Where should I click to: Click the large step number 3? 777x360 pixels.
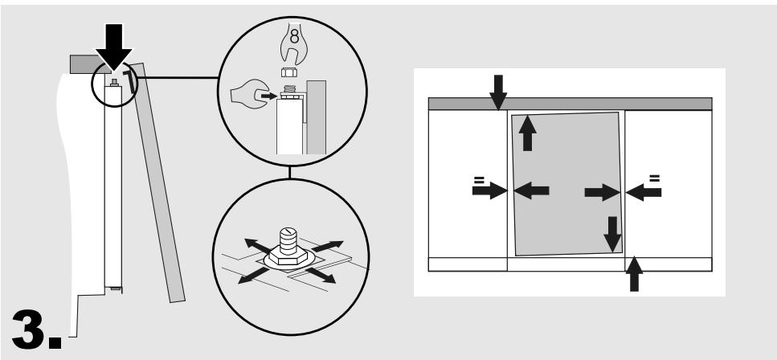point(36,329)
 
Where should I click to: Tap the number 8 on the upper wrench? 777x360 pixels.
point(294,36)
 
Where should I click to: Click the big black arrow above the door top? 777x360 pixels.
point(114,47)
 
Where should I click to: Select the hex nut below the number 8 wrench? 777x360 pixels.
point(289,72)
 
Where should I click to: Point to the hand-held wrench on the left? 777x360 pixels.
point(250,94)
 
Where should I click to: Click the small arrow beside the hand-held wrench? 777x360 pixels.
point(269,96)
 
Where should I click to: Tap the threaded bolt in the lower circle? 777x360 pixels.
point(288,241)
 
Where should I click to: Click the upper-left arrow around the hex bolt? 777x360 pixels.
point(258,245)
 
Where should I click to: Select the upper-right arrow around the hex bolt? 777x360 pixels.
point(328,246)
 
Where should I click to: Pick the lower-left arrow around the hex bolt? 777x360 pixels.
point(253,276)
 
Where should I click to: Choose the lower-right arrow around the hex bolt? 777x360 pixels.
point(321,275)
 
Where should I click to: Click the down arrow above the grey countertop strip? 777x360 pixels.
point(498,92)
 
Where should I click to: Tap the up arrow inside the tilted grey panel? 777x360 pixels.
point(527,133)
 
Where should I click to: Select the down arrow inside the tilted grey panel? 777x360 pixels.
point(612,234)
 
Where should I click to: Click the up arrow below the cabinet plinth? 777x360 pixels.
point(634,274)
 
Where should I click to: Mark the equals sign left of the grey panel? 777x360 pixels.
point(479,179)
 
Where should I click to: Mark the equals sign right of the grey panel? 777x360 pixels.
point(655,178)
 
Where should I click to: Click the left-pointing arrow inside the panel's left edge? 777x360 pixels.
point(531,190)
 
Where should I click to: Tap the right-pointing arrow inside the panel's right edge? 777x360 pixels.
point(603,192)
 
